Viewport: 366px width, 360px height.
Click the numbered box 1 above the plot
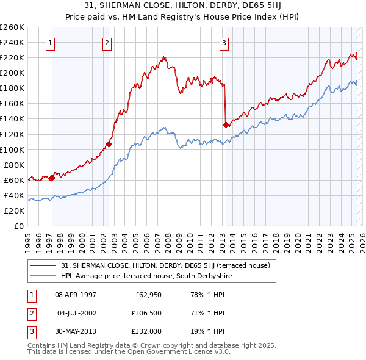pyautogui.click(x=49, y=43)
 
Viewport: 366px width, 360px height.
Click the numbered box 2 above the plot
pyautogui.click(x=107, y=43)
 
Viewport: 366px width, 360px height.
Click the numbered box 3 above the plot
pyautogui.click(x=224, y=43)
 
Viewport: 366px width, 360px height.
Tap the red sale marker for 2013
pyautogui.click(x=226, y=124)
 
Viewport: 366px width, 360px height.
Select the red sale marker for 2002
pyautogui.click(x=109, y=145)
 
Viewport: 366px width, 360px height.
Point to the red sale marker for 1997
pyautogui.click(x=52, y=178)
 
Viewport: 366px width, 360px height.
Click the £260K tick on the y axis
pyautogui.click(x=12, y=27)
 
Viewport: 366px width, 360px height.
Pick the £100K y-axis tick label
pyautogui.click(x=12, y=149)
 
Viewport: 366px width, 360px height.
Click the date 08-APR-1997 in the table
pyautogui.click(x=75, y=295)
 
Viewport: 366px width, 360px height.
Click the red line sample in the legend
pyautogui.click(x=43, y=265)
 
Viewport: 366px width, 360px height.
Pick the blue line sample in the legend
pyautogui.click(x=43, y=276)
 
